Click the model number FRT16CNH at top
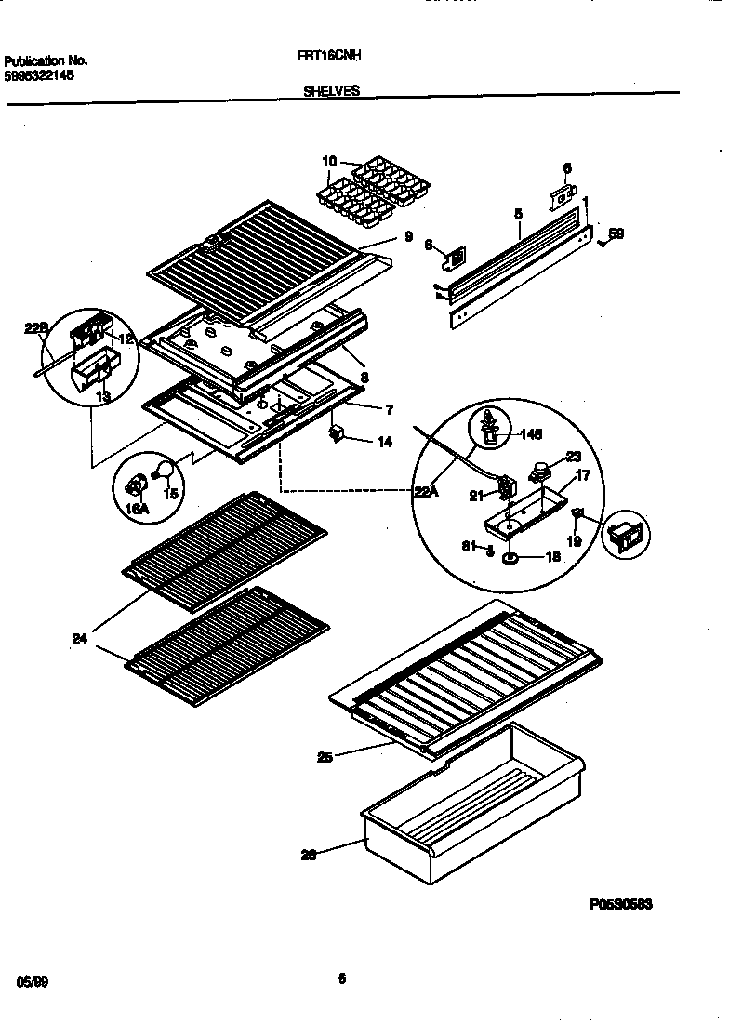[x=329, y=56]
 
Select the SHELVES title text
[x=331, y=91]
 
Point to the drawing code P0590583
[x=620, y=903]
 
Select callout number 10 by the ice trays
[x=328, y=162]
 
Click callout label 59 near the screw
[x=616, y=234]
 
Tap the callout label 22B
[x=34, y=328]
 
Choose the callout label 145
[x=530, y=433]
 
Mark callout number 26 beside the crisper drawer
[x=309, y=856]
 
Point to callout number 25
[x=324, y=757]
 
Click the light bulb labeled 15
[x=165, y=470]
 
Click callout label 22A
[x=426, y=493]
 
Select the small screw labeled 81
[x=489, y=550]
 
